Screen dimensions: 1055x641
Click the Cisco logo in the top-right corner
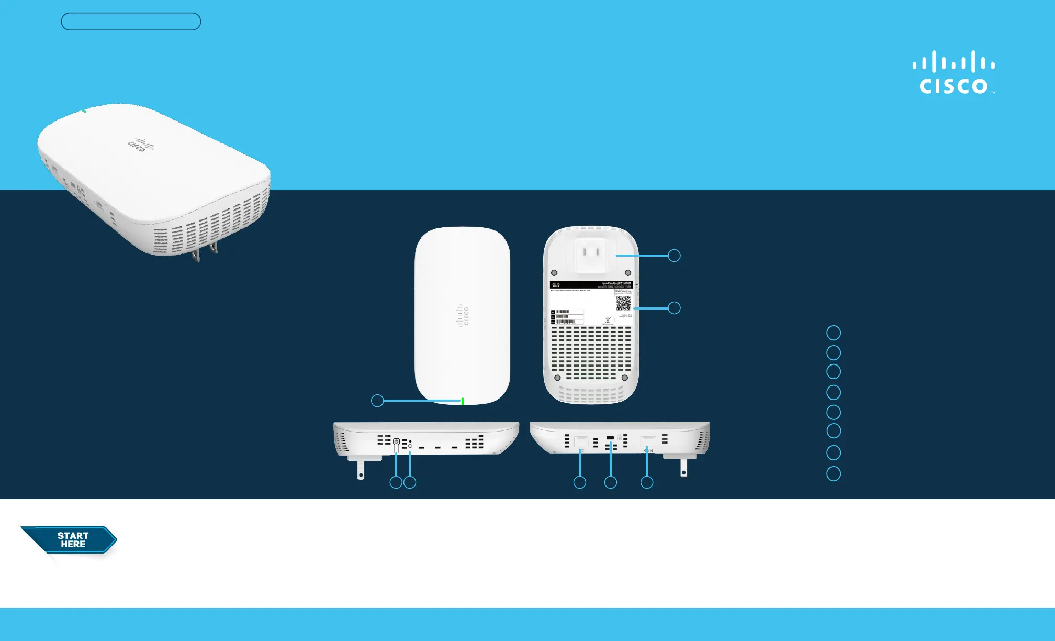pyautogui.click(x=953, y=73)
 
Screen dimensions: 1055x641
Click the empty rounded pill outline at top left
pyautogui.click(x=131, y=21)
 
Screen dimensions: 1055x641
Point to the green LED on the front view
pyautogui.click(x=463, y=401)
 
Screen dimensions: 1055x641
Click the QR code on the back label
pyautogui.click(x=623, y=303)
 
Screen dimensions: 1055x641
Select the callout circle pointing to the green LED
pyautogui.click(x=377, y=401)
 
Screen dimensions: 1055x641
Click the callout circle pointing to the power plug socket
pyautogui.click(x=675, y=256)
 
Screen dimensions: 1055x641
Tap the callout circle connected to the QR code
pyautogui.click(x=675, y=308)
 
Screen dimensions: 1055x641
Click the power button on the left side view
pyautogui.click(x=396, y=442)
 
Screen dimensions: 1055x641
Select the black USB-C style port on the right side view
pyautogui.click(x=610, y=438)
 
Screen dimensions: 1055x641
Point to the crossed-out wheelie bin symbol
pyautogui.click(x=608, y=320)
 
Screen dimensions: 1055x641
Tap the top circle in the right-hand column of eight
pyautogui.click(x=834, y=333)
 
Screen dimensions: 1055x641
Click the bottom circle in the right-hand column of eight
pyautogui.click(x=834, y=474)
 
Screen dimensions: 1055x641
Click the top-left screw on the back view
pyautogui.click(x=554, y=273)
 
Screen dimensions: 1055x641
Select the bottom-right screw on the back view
pyautogui.click(x=624, y=378)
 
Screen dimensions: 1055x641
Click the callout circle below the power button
pyautogui.click(x=396, y=482)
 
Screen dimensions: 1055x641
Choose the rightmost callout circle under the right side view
pyautogui.click(x=647, y=482)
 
